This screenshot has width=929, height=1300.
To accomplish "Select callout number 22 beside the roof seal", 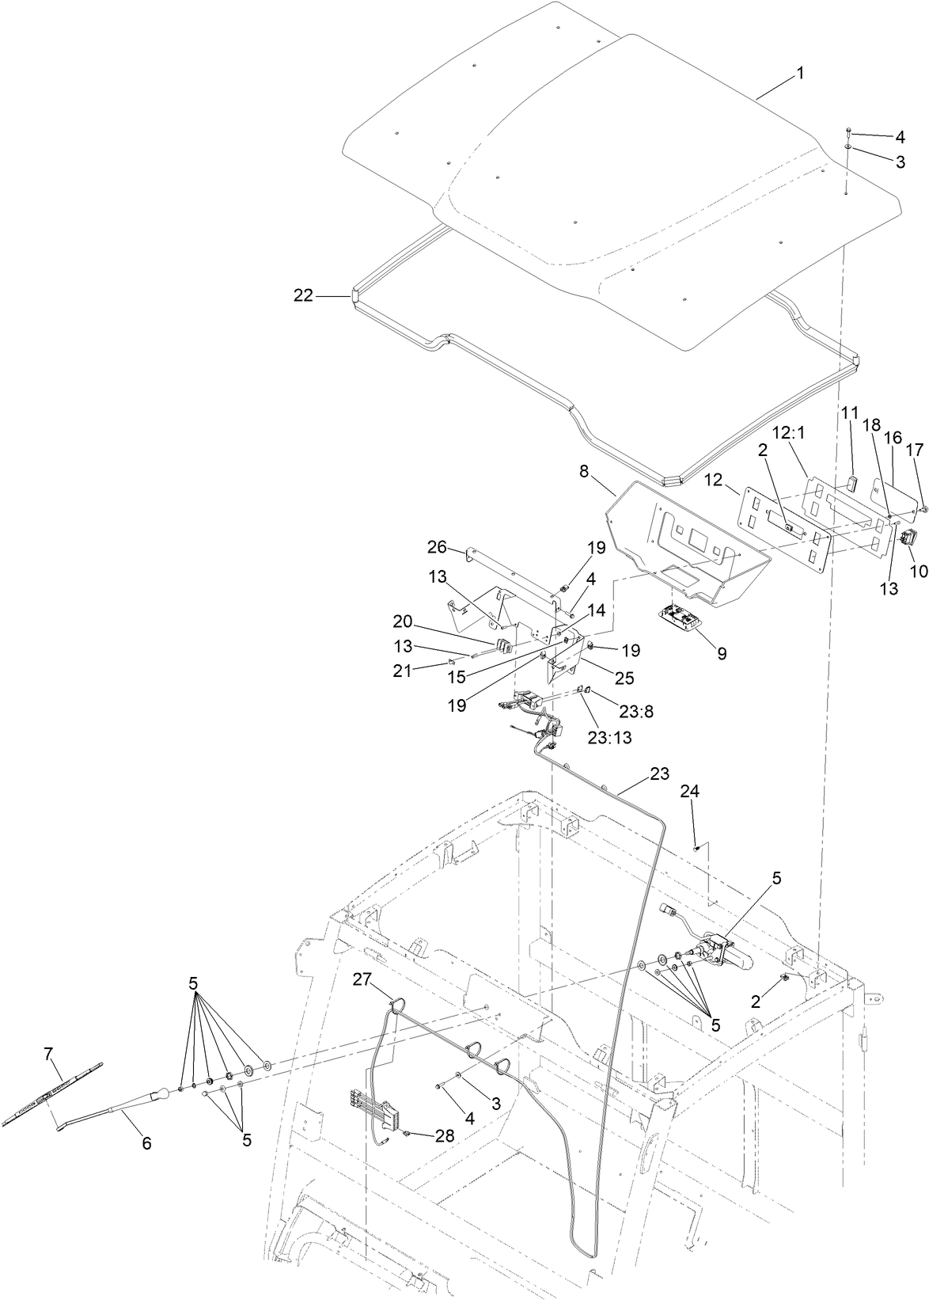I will tap(303, 295).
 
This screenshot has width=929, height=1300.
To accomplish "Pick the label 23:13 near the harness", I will tap(609, 736).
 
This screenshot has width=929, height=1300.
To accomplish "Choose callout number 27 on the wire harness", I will tap(362, 979).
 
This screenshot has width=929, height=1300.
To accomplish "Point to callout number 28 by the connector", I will tap(445, 1135).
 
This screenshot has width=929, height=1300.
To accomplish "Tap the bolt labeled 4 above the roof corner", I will tap(848, 129).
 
